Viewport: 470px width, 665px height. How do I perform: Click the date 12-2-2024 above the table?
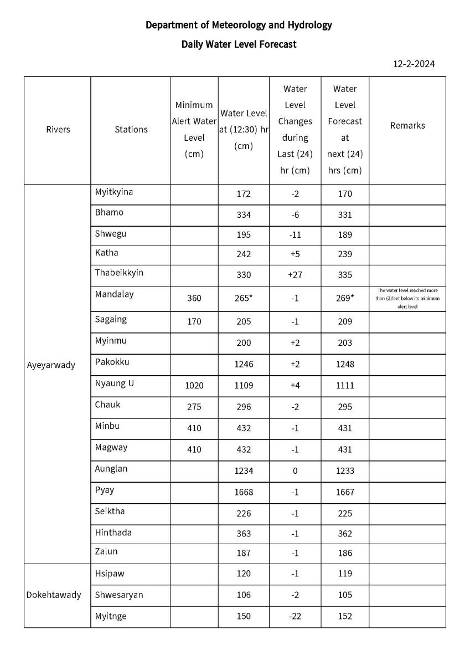[x=414, y=64]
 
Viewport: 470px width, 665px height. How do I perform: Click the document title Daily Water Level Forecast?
[x=239, y=44]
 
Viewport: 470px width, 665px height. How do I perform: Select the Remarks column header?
[x=407, y=125]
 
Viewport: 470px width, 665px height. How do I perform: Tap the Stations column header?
[x=131, y=129]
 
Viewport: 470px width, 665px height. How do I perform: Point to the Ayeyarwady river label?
[x=51, y=365]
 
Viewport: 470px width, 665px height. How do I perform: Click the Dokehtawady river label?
[x=54, y=595]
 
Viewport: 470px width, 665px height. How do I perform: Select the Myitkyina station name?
[x=114, y=192]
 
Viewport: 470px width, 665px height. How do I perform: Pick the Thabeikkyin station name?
[x=119, y=273]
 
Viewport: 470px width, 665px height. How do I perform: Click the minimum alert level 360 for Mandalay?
[x=194, y=298]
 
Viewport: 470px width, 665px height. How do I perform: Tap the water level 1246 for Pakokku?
[x=243, y=364]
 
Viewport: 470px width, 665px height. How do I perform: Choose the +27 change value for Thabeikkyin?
[x=295, y=275]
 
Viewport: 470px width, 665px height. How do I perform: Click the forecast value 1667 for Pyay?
[x=344, y=492]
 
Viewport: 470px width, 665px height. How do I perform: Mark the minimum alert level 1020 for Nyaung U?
[x=194, y=385]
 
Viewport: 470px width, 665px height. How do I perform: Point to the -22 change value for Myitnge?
[x=295, y=616]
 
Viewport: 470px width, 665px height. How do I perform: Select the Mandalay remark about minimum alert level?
[x=407, y=298]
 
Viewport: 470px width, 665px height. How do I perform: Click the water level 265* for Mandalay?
[x=243, y=298]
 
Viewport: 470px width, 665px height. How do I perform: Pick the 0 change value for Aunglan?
[x=295, y=470]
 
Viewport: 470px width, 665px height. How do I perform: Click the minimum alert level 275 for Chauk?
[x=194, y=407]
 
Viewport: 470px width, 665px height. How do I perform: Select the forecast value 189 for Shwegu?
[x=344, y=235]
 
